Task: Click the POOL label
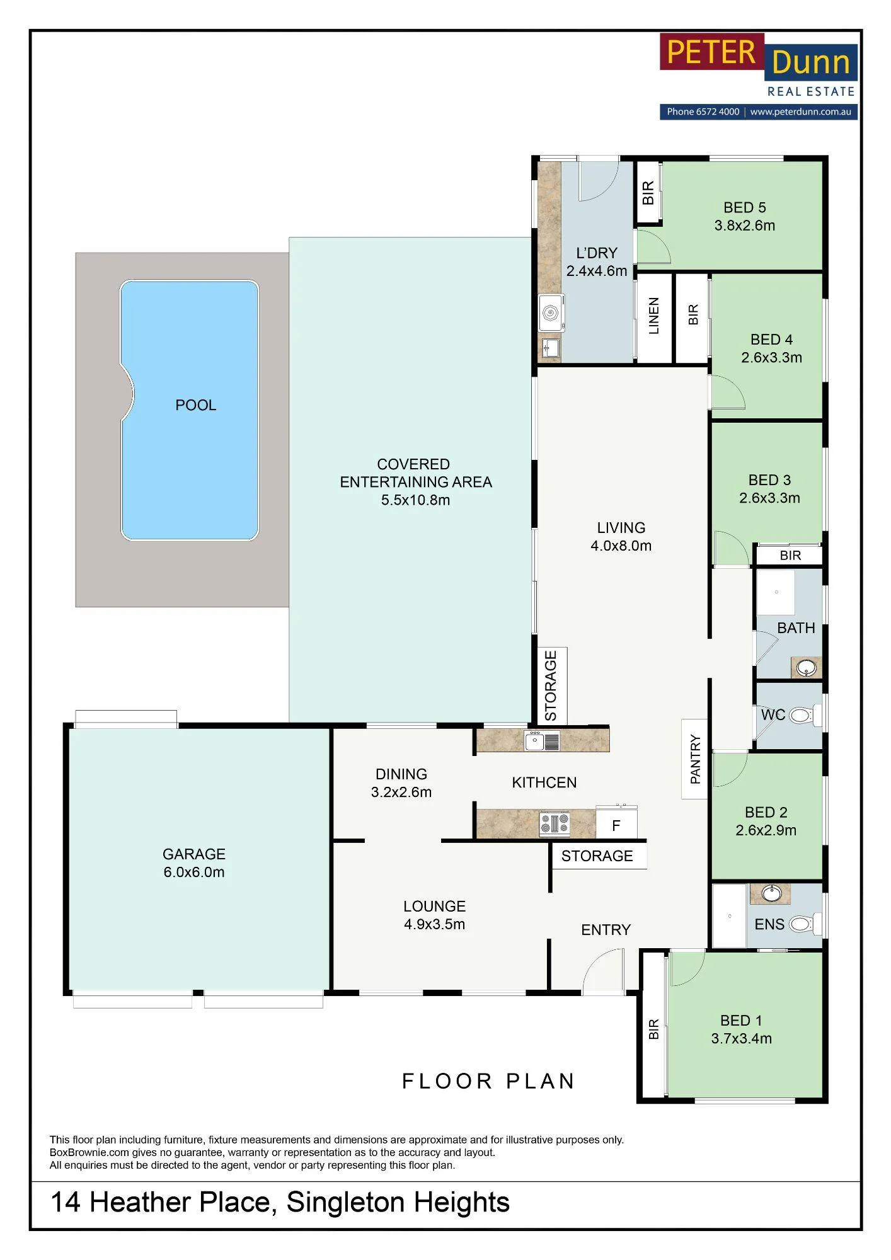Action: tap(195, 405)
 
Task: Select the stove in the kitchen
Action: tap(555, 823)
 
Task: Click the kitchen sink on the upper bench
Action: tap(542, 741)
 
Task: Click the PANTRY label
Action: tap(695, 759)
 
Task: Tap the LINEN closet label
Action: tap(653, 316)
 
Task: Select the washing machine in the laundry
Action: tap(551, 313)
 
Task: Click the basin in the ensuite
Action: tap(771, 893)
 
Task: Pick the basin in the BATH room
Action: tap(807, 667)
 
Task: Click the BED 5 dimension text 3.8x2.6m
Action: tap(744, 226)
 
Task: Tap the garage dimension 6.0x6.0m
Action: tap(194, 872)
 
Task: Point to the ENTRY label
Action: tap(606, 930)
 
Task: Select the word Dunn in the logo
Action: tap(811, 62)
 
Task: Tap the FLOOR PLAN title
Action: tap(488, 1081)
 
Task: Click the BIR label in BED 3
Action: tap(790, 556)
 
